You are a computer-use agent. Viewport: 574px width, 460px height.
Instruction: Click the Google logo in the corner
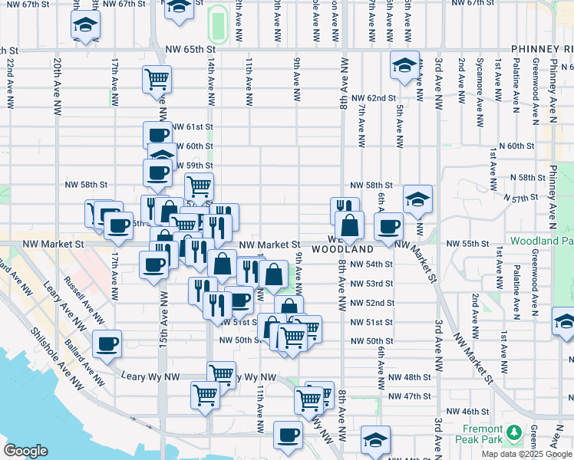[26, 451]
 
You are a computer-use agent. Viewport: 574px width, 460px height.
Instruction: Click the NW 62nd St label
[373, 98]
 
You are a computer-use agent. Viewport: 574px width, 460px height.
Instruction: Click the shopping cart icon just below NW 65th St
[157, 78]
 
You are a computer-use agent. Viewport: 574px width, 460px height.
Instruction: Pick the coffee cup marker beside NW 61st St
[158, 136]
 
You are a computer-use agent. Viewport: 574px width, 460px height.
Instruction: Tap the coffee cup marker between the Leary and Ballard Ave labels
[107, 343]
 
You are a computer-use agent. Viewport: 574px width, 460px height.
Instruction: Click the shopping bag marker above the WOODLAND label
[349, 225]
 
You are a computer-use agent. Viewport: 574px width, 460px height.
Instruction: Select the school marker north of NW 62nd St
[404, 66]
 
